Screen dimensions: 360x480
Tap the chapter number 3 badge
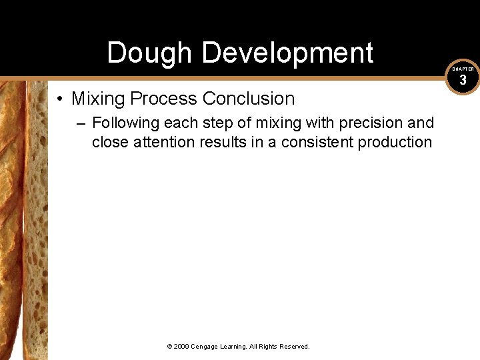pos(463,81)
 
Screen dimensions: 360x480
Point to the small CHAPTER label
pos(463,69)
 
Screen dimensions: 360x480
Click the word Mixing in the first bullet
pos(99,99)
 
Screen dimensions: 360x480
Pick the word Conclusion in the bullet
pos(249,99)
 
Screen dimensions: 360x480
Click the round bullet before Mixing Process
pos(60,99)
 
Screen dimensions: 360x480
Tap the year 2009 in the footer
pos(182,347)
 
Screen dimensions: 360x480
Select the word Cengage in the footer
pos(207,347)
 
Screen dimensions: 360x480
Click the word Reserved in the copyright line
pos(294,347)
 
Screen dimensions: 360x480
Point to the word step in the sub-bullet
pos(211,123)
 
